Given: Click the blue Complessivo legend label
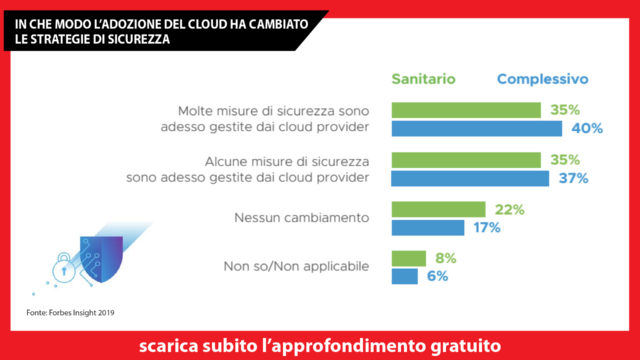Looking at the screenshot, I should [x=542, y=78].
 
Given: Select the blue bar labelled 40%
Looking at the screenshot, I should [x=475, y=129].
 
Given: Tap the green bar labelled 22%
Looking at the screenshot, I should [x=439, y=210].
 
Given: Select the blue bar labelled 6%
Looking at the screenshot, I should [x=404, y=276].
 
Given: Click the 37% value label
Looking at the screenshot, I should [x=573, y=178].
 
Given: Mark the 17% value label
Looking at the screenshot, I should [x=487, y=227].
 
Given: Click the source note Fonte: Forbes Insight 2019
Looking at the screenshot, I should [x=70, y=314].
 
